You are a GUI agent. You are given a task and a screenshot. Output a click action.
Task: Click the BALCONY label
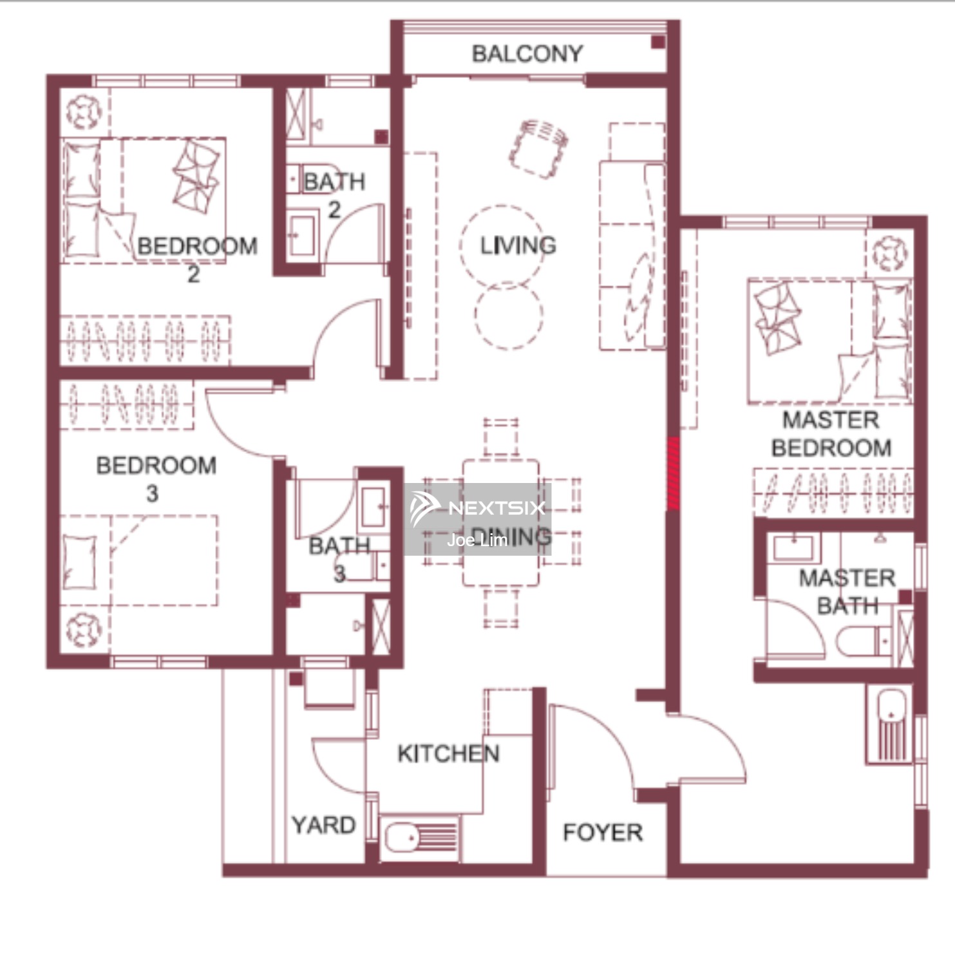pyautogui.click(x=527, y=53)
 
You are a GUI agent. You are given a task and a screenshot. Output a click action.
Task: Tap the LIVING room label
pyautogui.click(x=518, y=245)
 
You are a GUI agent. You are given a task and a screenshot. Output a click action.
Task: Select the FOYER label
pyautogui.click(x=602, y=832)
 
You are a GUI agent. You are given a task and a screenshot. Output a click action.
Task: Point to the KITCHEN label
pyautogui.click(x=448, y=753)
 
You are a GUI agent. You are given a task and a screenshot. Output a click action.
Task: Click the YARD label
pyautogui.click(x=323, y=825)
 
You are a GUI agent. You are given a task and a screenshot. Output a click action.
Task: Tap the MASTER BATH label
pyautogui.click(x=847, y=592)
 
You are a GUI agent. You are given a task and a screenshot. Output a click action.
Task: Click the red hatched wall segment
pyautogui.click(x=672, y=473)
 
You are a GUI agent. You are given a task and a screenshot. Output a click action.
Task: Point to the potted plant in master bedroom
pyautogui.click(x=890, y=253)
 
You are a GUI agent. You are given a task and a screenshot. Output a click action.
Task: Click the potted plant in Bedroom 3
pyautogui.click(x=84, y=629)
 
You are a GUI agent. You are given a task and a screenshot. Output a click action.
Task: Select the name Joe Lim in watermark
pyautogui.click(x=477, y=540)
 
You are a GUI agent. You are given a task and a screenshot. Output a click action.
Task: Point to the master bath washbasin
pyautogui.click(x=796, y=548)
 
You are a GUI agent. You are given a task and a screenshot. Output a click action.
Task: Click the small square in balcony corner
pyautogui.click(x=658, y=43)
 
